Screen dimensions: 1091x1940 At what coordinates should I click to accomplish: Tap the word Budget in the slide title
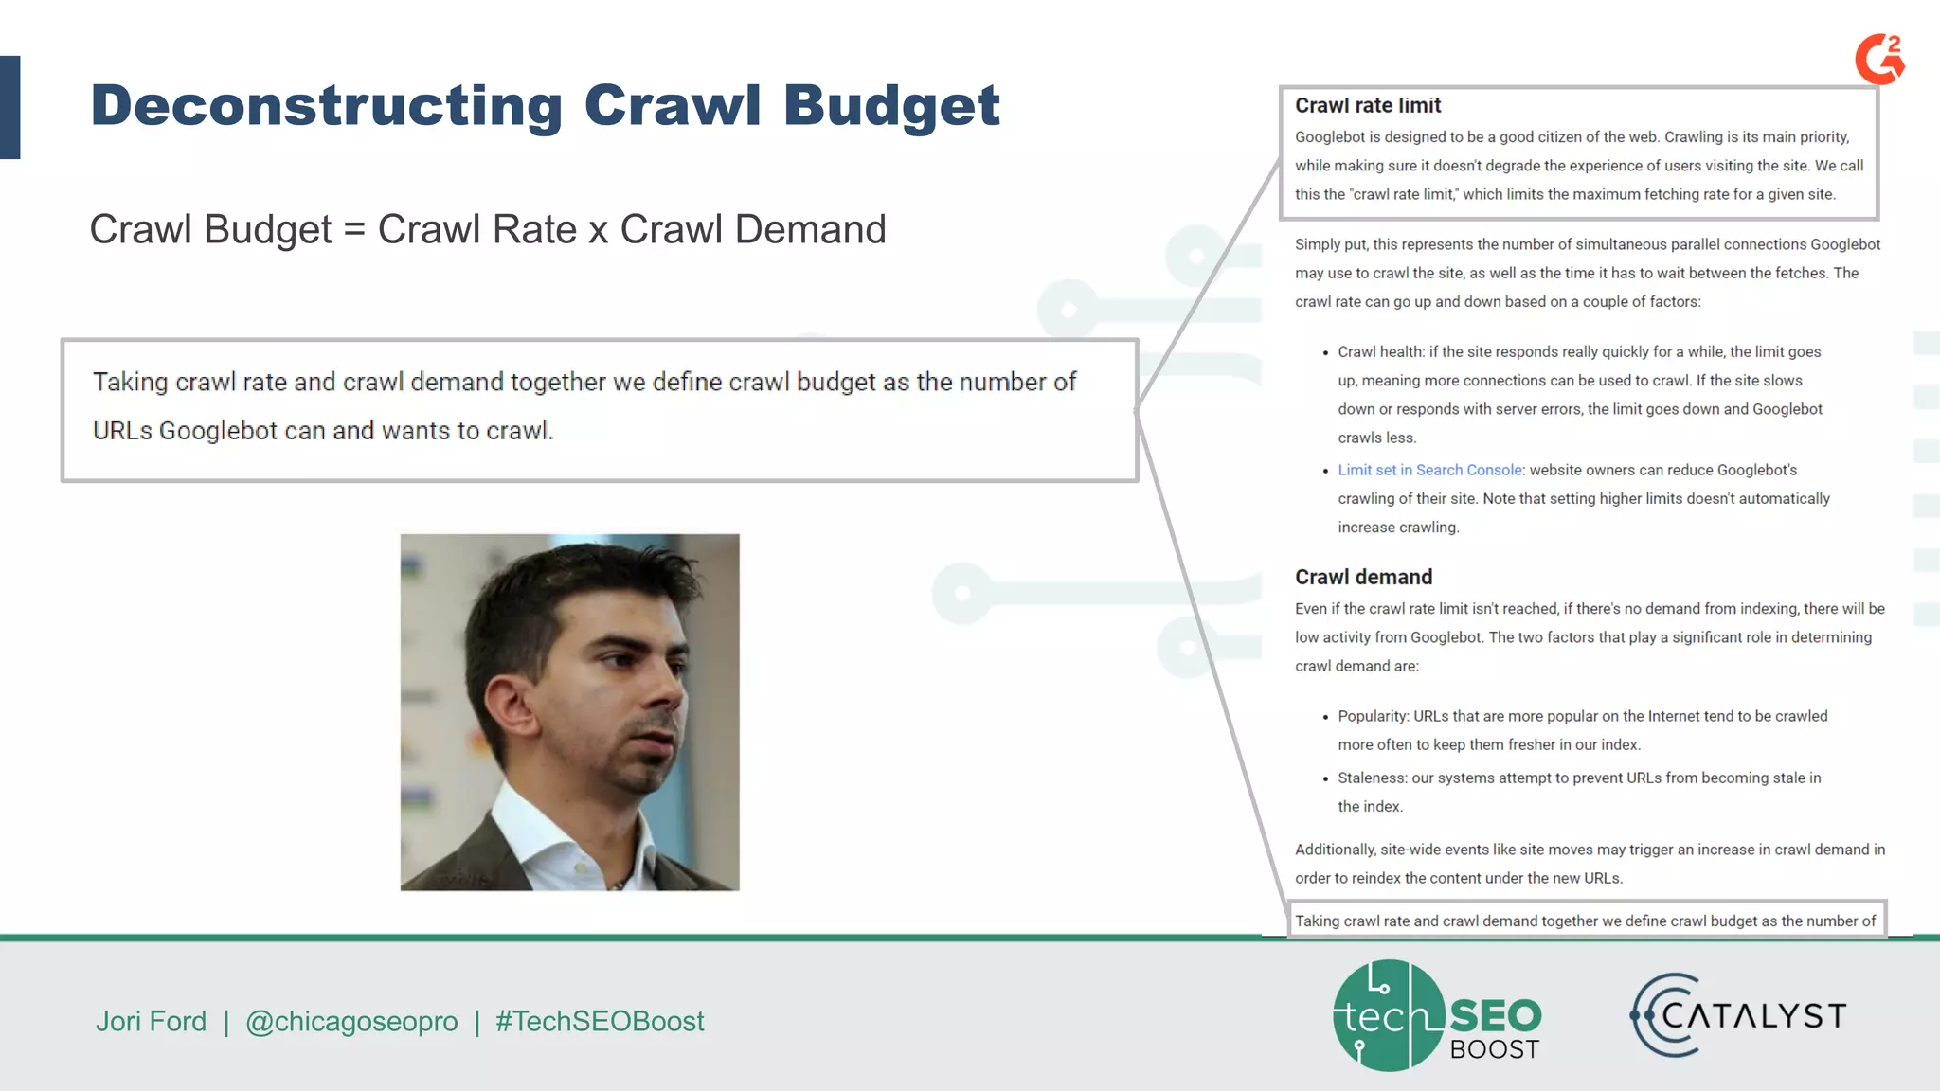[891, 106]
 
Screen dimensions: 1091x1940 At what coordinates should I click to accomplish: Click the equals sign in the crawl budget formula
[354, 230]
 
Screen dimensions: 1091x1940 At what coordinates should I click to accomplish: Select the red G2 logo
[1879, 59]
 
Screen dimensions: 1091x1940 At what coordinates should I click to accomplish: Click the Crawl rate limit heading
[1367, 106]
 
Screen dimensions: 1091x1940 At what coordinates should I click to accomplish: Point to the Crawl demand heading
[1363, 577]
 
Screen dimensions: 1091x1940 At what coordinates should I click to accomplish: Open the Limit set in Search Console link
[1429, 470]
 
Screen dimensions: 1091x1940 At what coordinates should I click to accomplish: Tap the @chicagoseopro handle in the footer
[351, 1021]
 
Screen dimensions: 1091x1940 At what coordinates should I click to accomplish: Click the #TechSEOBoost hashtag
[600, 1021]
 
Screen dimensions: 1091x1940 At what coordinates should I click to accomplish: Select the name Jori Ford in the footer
[151, 1021]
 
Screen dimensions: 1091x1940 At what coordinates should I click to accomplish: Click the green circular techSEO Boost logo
[1389, 1015]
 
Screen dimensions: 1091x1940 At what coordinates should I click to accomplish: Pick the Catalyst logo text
[1753, 1016]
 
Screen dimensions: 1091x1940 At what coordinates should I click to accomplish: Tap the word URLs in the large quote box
[122, 431]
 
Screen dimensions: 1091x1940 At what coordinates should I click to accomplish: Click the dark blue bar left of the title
[10, 107]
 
